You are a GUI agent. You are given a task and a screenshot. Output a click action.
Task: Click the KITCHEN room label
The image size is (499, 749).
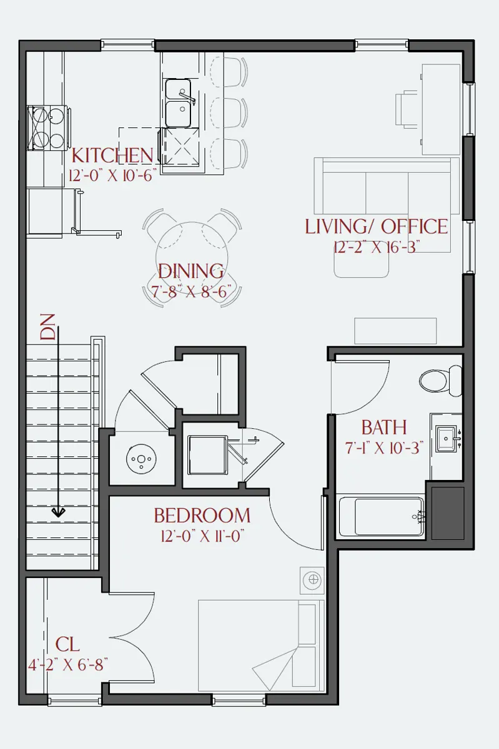tap(112, 155)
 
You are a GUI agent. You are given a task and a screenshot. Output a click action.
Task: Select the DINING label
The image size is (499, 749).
tap(190, 271)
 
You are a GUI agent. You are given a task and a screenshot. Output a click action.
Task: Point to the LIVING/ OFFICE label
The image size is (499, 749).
tap(377, 227)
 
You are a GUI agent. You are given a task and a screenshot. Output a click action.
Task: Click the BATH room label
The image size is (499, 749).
tap(384, 428)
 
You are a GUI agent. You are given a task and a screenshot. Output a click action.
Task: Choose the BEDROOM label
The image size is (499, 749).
tap(202, 516)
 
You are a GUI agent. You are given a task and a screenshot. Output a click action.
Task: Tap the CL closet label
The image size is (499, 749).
tap(67, 644)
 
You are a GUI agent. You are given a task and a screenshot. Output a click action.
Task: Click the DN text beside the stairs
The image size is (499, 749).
tap(47, 327)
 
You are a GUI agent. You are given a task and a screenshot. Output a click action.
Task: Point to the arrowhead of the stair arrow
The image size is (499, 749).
tap(58, 512)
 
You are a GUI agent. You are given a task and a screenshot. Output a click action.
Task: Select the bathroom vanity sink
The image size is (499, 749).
tap(447, 438)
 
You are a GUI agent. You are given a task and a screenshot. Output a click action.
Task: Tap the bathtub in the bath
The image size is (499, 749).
tap(382, 517)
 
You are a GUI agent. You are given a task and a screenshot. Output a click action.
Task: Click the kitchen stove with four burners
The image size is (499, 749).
tap(47, 128)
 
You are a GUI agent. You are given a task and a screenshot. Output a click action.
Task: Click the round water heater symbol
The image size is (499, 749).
tap(141, 459)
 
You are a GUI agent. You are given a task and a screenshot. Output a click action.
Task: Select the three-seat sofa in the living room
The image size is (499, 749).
tap(387, 186)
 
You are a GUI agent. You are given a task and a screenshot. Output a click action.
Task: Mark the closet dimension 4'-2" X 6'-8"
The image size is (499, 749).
tap(68, 664)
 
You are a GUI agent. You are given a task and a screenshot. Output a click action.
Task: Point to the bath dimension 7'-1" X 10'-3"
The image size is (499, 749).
tap(385, 448)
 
